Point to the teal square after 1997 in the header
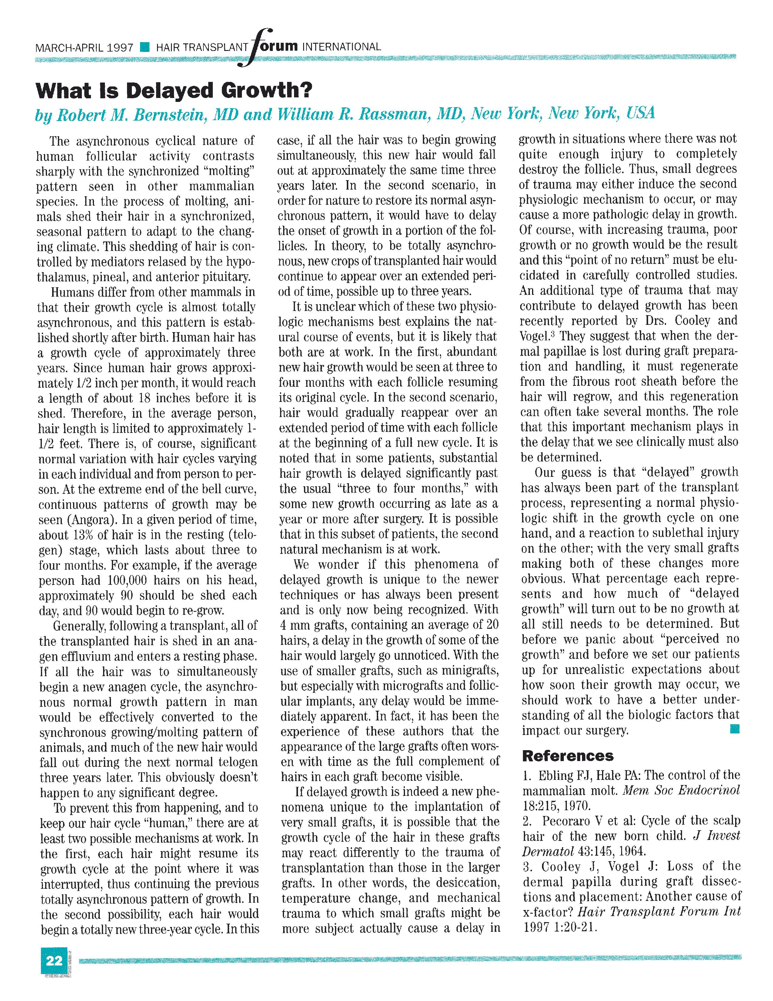coord(145,47)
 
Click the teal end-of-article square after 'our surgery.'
coord(735,729)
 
